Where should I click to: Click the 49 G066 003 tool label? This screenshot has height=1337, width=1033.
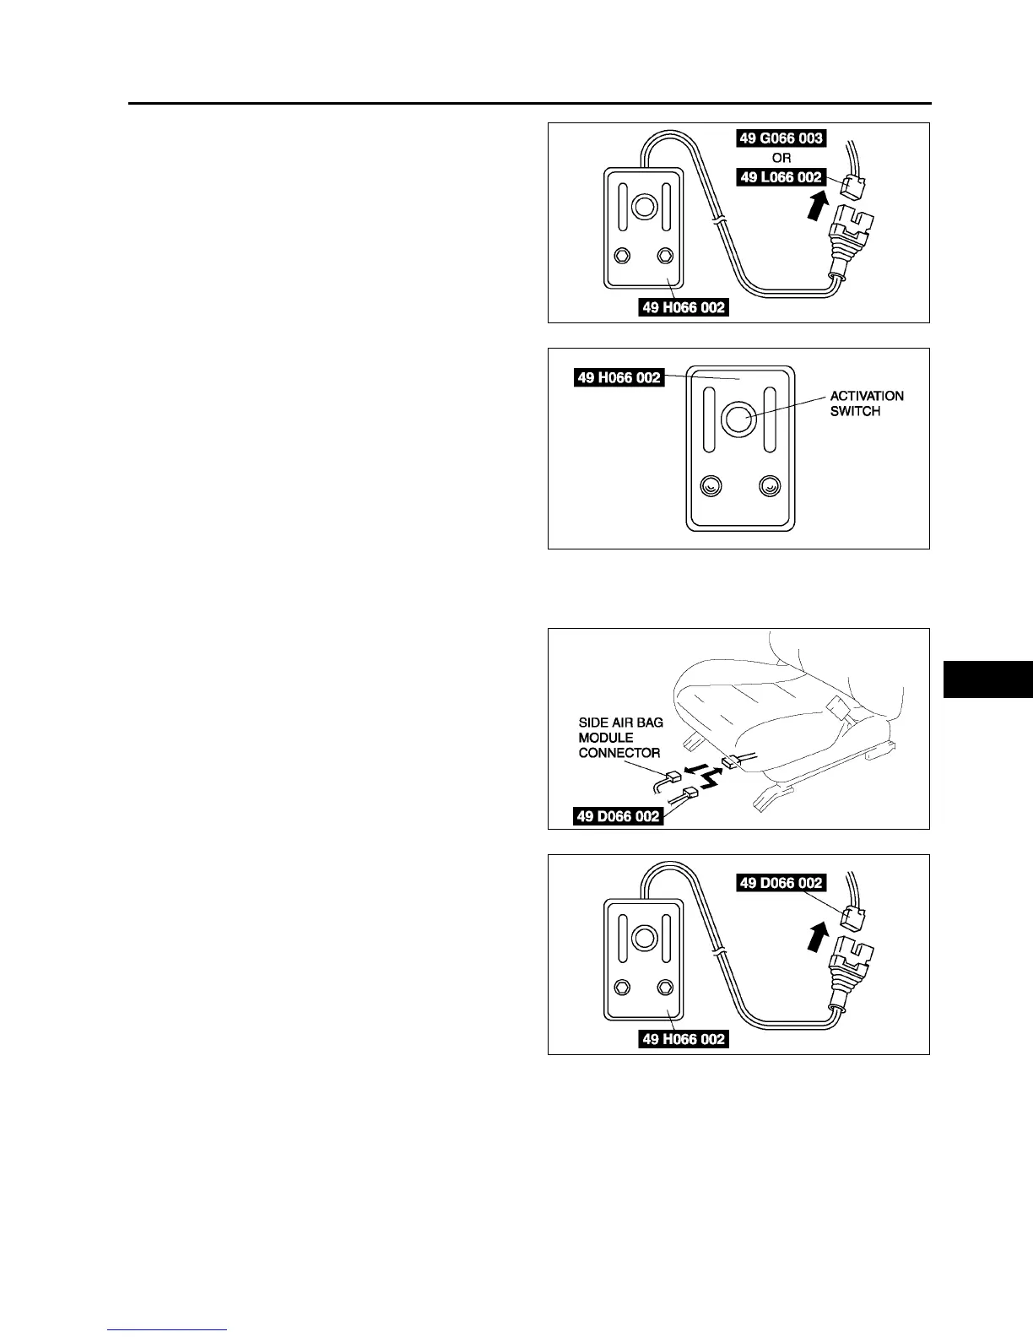(x=781, y=138)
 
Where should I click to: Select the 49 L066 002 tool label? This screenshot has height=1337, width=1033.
(x=781, y=178)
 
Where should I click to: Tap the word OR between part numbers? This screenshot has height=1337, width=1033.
(x=782, y=159)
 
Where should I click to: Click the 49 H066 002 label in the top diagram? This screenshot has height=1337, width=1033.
(x=683, y=307)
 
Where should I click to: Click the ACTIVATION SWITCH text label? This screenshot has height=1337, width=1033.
(x=866, y=403)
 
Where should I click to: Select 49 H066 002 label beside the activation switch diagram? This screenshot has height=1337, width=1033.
(x=618, y=377)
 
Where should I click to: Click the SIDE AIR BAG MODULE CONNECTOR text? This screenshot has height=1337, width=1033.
(x=620, y=738)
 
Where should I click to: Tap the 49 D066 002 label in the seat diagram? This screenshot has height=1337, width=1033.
(x=618, y=816)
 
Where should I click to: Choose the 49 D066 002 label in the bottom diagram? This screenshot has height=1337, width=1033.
(x=781, y=883)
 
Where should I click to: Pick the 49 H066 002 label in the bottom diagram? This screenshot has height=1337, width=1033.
(x=683, y=1039)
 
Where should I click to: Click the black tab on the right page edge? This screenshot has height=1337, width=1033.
(x=988, y=679)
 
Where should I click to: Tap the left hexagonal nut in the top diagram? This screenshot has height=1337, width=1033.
(x=623, y=255)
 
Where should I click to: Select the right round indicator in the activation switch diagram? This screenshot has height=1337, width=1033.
(x=769, y=486)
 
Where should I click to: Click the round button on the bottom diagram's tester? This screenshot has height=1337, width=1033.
(x=644, y=938)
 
